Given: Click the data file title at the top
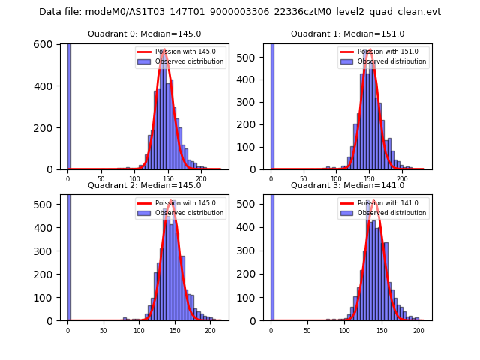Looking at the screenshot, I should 240,12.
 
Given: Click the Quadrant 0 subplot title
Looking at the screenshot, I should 145,34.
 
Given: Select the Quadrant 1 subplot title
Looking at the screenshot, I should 347,34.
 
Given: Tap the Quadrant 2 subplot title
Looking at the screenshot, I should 145,185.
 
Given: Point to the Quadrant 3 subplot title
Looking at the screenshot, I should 347,185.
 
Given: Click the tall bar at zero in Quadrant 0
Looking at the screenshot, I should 69,105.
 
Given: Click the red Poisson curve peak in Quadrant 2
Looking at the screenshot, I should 171,202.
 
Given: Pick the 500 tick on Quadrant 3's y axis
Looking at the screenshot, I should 256,204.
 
